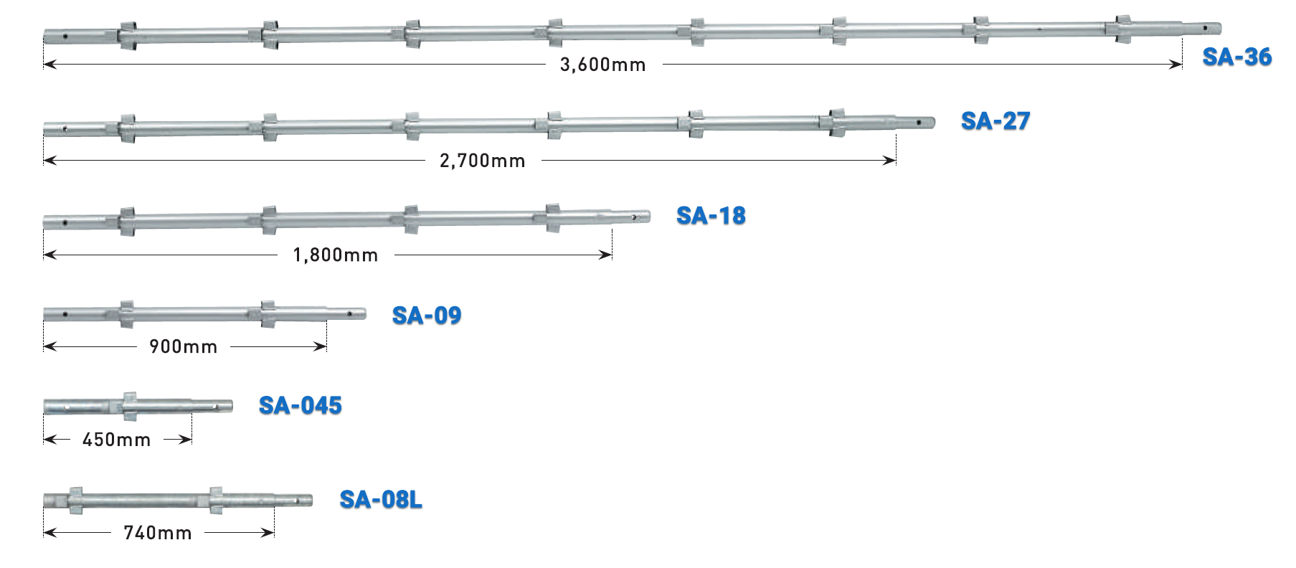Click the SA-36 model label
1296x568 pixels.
tap(1236, 57)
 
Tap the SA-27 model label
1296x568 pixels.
tap(995, 121)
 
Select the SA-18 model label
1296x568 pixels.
tap(711, 215)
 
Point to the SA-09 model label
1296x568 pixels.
tap(427, 316)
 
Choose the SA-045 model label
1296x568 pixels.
tap(301, 406)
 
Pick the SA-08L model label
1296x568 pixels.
tap(381, 499)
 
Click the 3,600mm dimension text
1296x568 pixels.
tap(603, 65)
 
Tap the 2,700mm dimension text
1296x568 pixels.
tap(483, 161)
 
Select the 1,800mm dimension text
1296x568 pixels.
tap(336, 255)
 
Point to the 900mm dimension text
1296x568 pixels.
tap(184, 347)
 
